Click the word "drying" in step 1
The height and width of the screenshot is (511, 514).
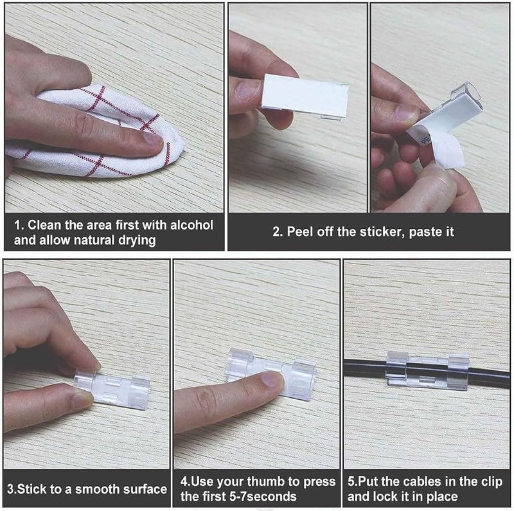tap(137, 240)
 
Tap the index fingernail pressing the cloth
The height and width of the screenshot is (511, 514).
tap(154, 138)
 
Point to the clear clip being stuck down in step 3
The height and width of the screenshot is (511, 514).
tap(112, 390)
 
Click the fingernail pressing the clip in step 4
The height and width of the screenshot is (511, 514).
tap(273, 380)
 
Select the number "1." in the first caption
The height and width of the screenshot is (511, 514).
tap(19, 226)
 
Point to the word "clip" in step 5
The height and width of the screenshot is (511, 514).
tap(492, 482)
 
